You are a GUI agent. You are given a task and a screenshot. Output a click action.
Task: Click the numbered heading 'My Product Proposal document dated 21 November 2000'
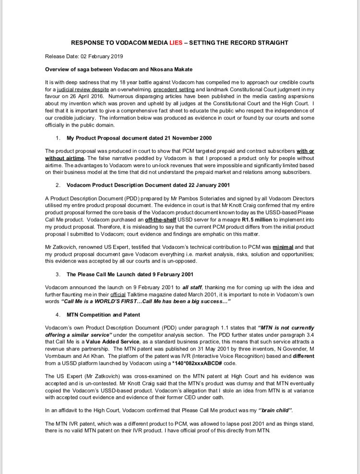tap(139, 138)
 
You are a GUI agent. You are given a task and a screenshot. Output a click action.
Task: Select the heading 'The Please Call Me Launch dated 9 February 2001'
tap(130, 274)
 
